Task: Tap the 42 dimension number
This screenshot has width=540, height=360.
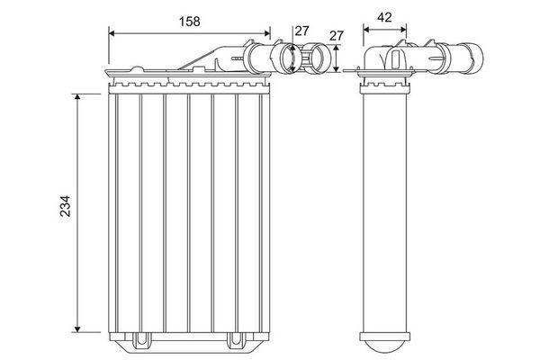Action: pyautogui.click(x=383, y=15)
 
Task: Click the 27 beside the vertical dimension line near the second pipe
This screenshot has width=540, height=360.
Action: pyautogui.click(x=337, y=36)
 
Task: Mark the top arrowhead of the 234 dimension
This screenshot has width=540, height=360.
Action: pyautogui.click(x=78, y=94)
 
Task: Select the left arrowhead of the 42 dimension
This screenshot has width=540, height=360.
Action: pyautogui.click(x=365, y=29)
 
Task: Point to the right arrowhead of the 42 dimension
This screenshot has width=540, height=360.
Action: pyautogui.click(x=402, y=29)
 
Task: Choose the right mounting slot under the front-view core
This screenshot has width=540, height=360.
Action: pyautogui.click(x=236, y=341)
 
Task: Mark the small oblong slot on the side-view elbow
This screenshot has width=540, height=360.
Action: pyautogui.click(x=395, y=58)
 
